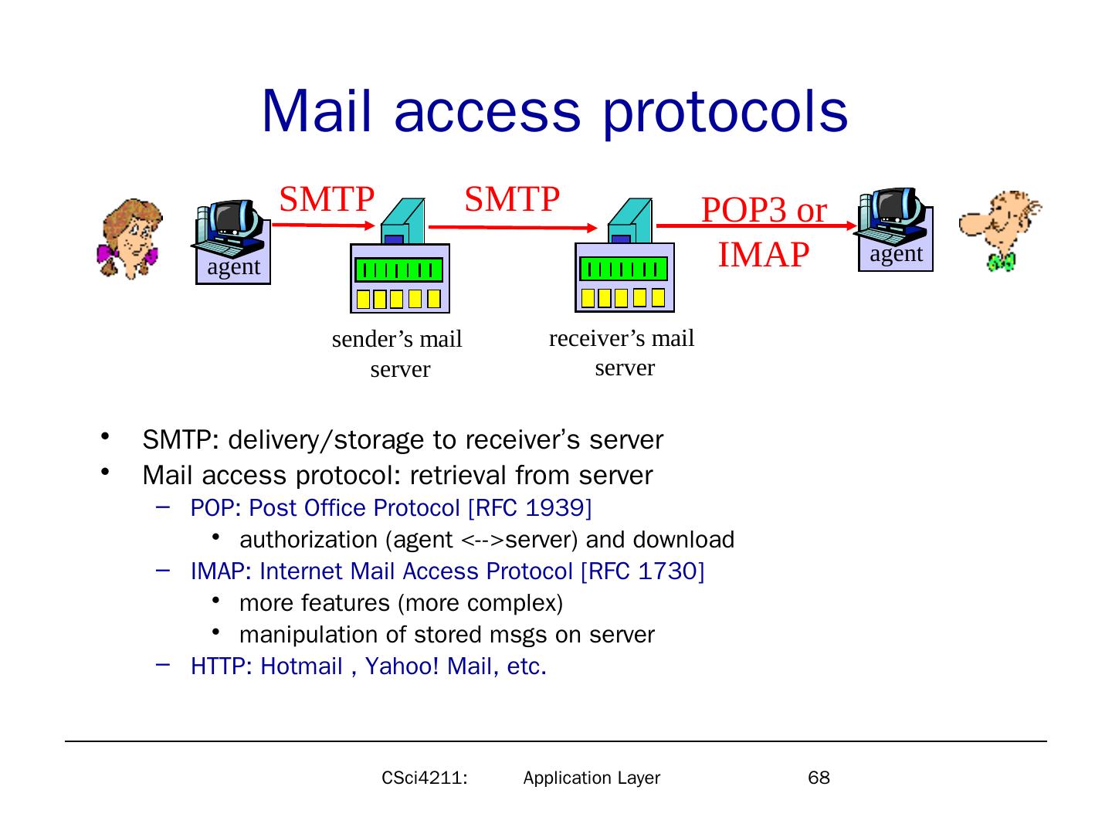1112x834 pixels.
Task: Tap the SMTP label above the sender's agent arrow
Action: point(327,198)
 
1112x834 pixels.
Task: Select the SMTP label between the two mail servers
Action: point(511,198)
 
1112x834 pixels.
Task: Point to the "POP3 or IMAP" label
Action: point(764,232)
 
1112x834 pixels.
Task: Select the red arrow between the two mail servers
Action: point(513,227)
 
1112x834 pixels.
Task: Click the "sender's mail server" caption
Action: point(398,354)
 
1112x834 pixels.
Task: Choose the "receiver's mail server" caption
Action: point(622,352)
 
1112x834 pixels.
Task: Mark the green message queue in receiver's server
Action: point(623,269)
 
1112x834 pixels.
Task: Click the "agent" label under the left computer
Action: point(233,267)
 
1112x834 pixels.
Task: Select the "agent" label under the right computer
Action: point(896,254)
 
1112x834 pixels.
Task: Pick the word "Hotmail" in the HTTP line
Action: point(301,666)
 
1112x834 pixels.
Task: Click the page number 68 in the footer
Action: point(819,778)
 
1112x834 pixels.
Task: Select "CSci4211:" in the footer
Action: point(425,778)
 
